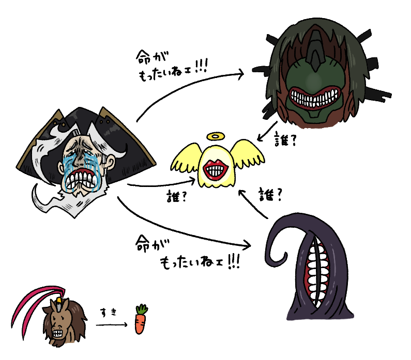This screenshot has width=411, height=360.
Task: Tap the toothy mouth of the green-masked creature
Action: coord(313,96)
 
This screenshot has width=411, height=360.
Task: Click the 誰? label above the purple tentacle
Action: coord(270,195)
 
